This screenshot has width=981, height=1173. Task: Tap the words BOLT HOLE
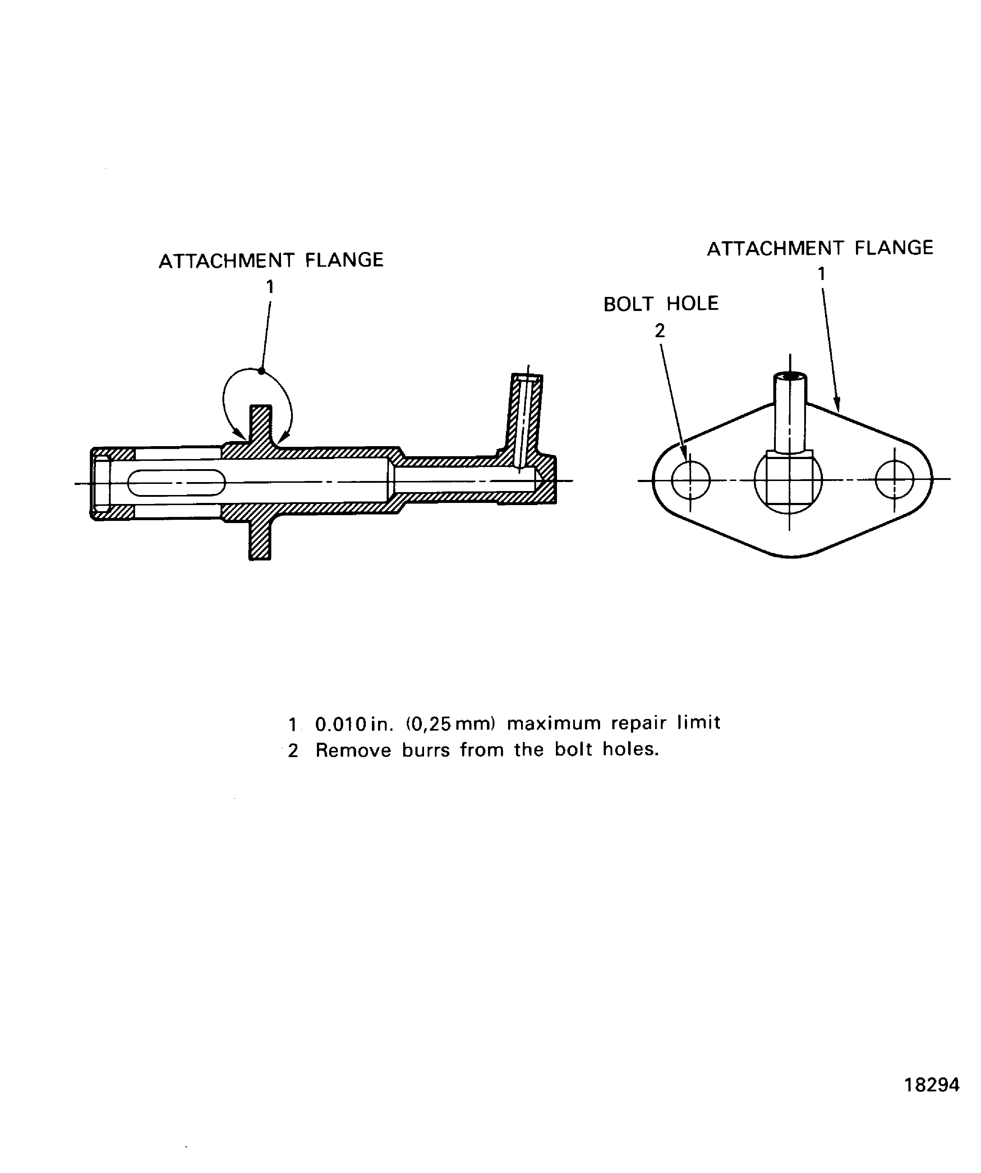(x=661, y=304)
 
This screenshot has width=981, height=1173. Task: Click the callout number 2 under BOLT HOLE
(x=660, y=331)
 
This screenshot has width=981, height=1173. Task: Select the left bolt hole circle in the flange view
(x=691, y=480)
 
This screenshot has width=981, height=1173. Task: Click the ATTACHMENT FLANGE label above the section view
(x=271, y=260)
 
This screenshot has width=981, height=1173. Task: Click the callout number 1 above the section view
(x=270, y=287)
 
